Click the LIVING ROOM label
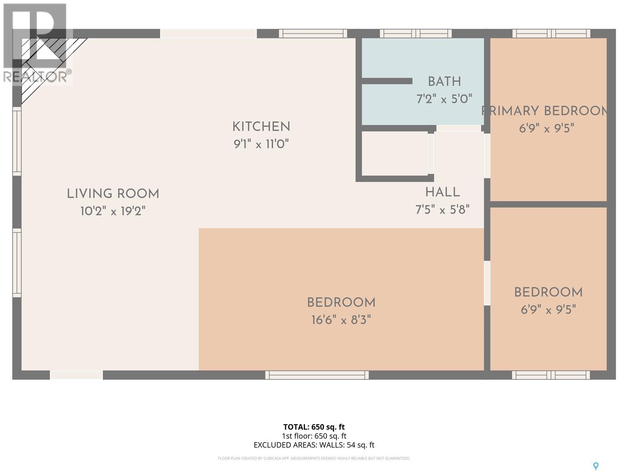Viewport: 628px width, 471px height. coord(113,194)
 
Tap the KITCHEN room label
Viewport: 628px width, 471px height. coord(261,127)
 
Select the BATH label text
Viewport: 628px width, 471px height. coord(444,82)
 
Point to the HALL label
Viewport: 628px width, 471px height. coord(442,192)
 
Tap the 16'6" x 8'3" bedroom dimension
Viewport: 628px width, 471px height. coord(341,320)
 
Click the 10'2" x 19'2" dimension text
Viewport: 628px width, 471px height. coord(113,212)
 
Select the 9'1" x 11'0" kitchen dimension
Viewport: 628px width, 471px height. coord(261,144)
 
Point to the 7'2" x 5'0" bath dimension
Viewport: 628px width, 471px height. coord(444,99)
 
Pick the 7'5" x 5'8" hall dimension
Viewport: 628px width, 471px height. coord(442,210)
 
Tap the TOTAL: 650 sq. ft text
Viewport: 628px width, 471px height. coord(314,427)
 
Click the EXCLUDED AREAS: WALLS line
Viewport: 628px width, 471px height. coord(314,445)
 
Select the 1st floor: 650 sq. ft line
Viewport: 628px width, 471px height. coord(314,436)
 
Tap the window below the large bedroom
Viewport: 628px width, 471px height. coord(317,375)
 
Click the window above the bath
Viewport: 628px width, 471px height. coord(416,34)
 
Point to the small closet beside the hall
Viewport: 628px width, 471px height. coord(394,153)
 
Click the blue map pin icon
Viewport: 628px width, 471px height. coord(596,466)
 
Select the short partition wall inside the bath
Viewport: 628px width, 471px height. coord(387,81)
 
